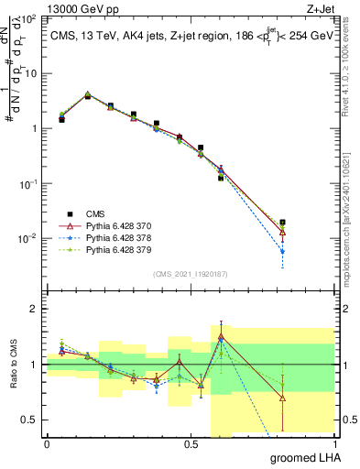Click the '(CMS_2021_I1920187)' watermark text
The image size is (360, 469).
coord(191,274)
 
